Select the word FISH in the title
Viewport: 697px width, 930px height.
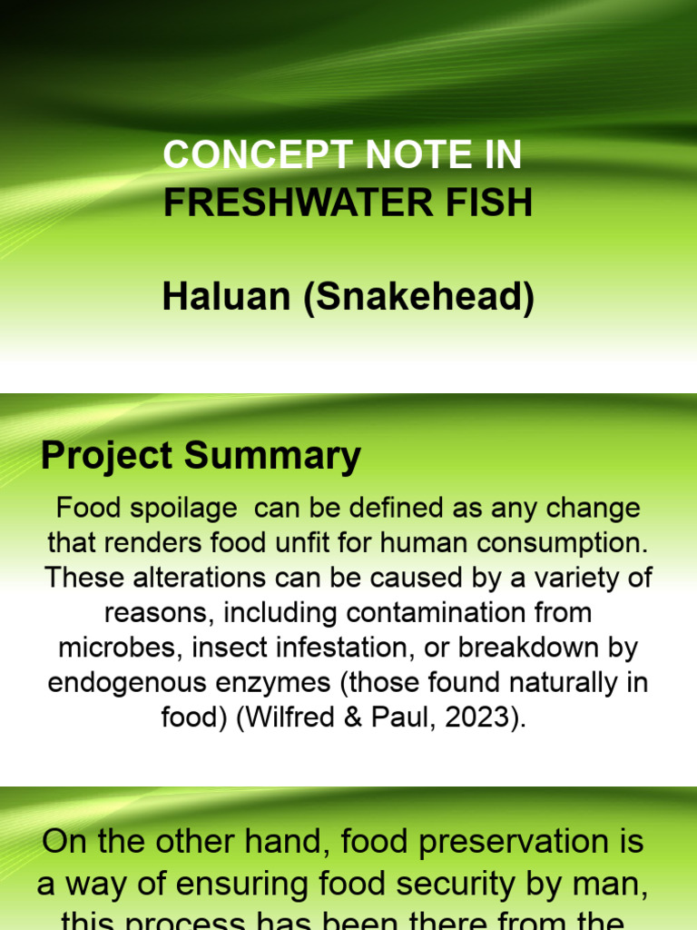[x=495, y=203]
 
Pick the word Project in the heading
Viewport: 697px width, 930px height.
[x=107, y=456]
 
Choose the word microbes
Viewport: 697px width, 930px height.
[x=114, y=648]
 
